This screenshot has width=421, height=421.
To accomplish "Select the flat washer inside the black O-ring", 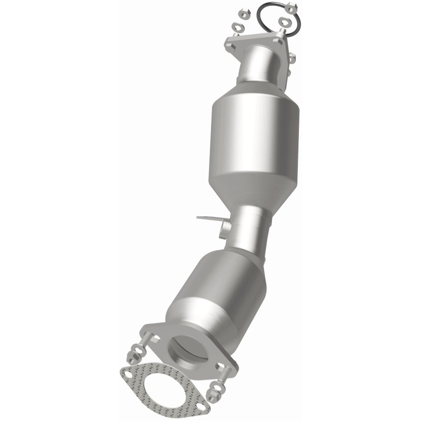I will tap(284, 22).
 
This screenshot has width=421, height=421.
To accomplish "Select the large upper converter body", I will tap(256, 132).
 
